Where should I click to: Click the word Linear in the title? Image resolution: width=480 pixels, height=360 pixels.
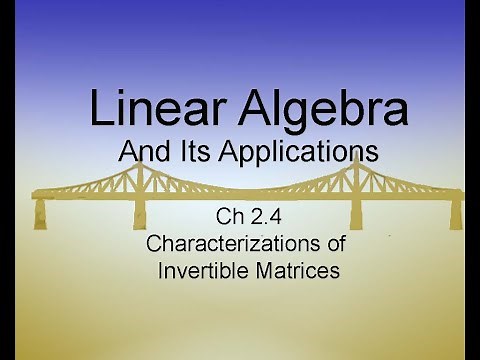(148, 108)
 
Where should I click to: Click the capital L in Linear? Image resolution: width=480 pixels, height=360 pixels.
(99, 108)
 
